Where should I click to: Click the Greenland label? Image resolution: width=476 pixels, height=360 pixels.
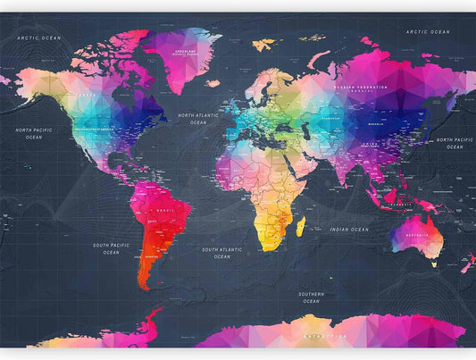click(x=185, y=52)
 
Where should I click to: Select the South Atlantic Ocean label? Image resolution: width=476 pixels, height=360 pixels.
click(x=222, y=253)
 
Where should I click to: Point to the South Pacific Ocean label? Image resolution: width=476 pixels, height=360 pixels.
click(x=111, y=248)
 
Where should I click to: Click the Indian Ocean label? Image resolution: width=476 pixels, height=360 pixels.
click(x=348, y=230)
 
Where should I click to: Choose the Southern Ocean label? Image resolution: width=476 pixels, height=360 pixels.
click(x=311, y=297)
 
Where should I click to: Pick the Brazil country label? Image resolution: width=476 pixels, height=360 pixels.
click(x=163, y=210)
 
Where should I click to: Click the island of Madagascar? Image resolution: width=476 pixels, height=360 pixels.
click(x=300, y=226)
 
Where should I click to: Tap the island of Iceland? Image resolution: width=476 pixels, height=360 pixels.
click(x=213, y=83)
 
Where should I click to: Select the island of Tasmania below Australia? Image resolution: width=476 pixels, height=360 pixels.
click(x=436, y=264)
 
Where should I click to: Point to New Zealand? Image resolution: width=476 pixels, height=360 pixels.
click(x=467, y=264)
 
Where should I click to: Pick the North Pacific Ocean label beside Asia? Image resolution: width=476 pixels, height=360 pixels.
click(x=455, y=143)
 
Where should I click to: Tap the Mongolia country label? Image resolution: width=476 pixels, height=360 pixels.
click(x=375, y=123)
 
